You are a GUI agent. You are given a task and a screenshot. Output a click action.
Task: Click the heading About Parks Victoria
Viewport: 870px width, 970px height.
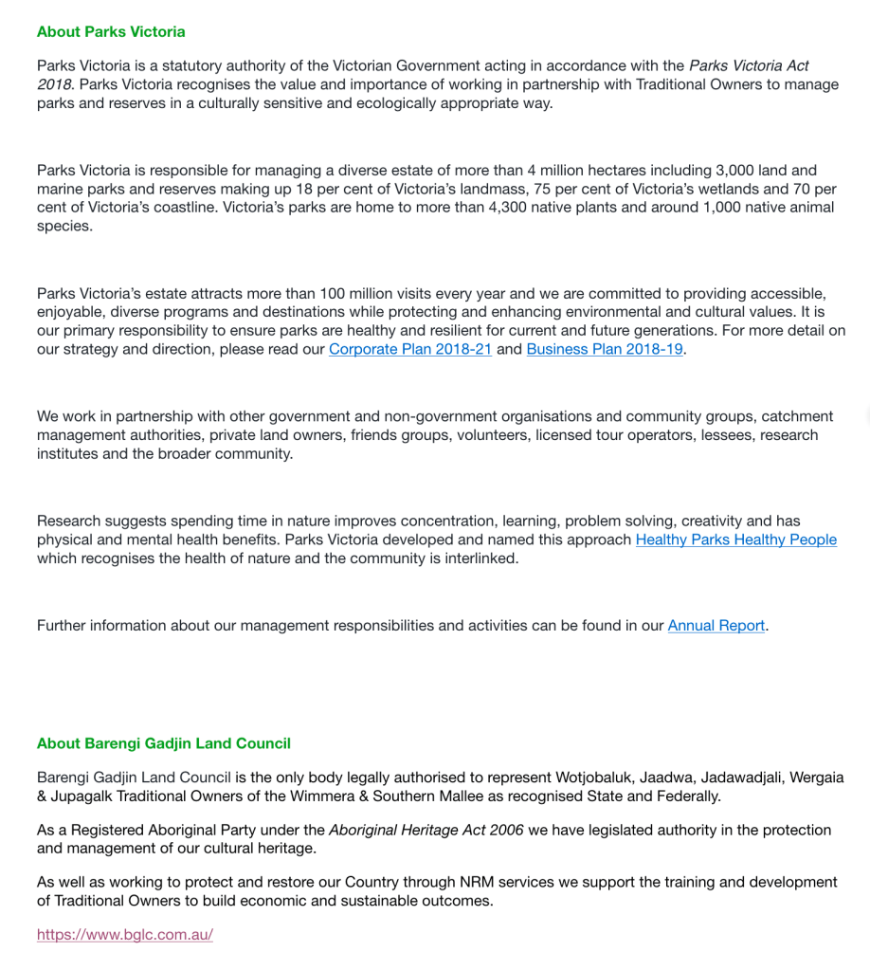point(111,31)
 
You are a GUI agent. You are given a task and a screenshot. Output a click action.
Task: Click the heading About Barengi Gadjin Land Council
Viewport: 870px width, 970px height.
point(163,743)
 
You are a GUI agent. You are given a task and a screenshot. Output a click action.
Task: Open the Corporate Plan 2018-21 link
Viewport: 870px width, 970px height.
point(409,349)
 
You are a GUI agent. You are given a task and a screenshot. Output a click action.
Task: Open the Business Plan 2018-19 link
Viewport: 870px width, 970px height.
point(604,349)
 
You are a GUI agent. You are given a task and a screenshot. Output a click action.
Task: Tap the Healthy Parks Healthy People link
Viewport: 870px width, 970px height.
point(735,540)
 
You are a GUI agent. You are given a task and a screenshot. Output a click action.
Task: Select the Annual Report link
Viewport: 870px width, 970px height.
point(716,625)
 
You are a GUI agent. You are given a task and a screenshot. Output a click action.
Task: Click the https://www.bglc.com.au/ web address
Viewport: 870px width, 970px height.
point(125,934)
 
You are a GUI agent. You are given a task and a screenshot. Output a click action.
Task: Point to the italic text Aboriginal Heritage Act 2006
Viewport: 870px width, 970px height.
point(426,830)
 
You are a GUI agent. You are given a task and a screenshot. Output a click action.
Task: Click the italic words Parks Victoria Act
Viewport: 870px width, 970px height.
point(749,65)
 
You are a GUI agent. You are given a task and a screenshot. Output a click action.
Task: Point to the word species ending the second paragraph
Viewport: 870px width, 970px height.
point(64,226)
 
